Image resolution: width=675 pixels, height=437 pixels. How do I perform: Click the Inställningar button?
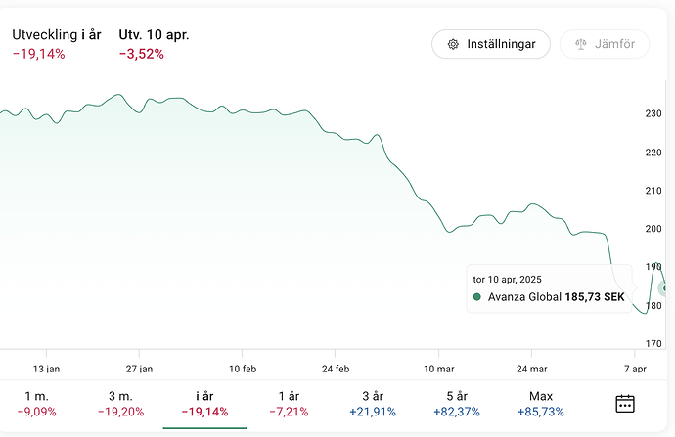pyautogui.click(x=490, y=44)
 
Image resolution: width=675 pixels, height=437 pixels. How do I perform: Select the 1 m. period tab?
pyautogui.click(x=35, y=403)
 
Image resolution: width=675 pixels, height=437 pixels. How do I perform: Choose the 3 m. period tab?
pyautogui.click(x=120, y=403)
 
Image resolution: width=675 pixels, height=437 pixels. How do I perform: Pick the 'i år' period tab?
pyautogui.click(x=204, y=403)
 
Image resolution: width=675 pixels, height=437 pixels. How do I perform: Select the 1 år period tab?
pyautogui.click(x=288, y=403)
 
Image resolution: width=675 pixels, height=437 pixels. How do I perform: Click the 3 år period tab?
pyautogui.click(x=372, y=403)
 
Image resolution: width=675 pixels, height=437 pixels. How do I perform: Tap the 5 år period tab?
pyautogui.click(x=456, y=403)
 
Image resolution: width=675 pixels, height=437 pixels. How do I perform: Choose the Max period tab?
pyautogui.click(x=540, y=403)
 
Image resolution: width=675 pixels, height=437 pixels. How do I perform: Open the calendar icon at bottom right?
pyautogui.click(x=625, y=403)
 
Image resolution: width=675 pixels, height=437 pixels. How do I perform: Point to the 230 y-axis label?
pyautogui.click(x=653, y=114)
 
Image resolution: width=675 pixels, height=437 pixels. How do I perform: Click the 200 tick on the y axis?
pyautogui.click(x=653, y=229)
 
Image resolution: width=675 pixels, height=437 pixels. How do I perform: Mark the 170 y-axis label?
pyautogui.click(x=653, y=343)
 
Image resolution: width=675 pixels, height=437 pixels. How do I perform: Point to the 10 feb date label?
pyautogui.click(x=242, y=369)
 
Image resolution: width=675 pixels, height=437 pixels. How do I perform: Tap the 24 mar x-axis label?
pyautogui.click(x=531, y=369)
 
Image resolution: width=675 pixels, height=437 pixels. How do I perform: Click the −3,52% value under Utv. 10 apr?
pyautogui.click(x=141, y=54)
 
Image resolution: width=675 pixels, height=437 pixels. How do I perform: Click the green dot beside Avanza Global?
pyautogui.click(x=477, y=296)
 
